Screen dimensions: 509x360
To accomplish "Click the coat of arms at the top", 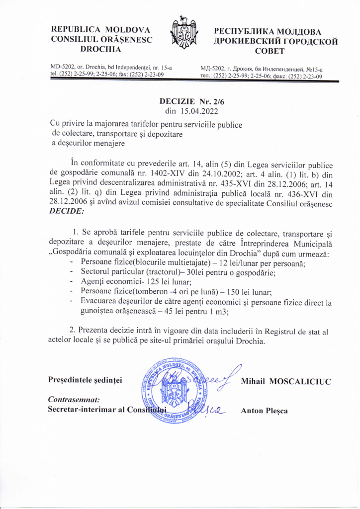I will [184, 33].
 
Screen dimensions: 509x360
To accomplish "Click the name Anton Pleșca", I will [264, 411].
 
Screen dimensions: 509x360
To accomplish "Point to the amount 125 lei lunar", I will [129, 281].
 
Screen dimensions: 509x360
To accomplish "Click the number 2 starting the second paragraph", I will [73, 331].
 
